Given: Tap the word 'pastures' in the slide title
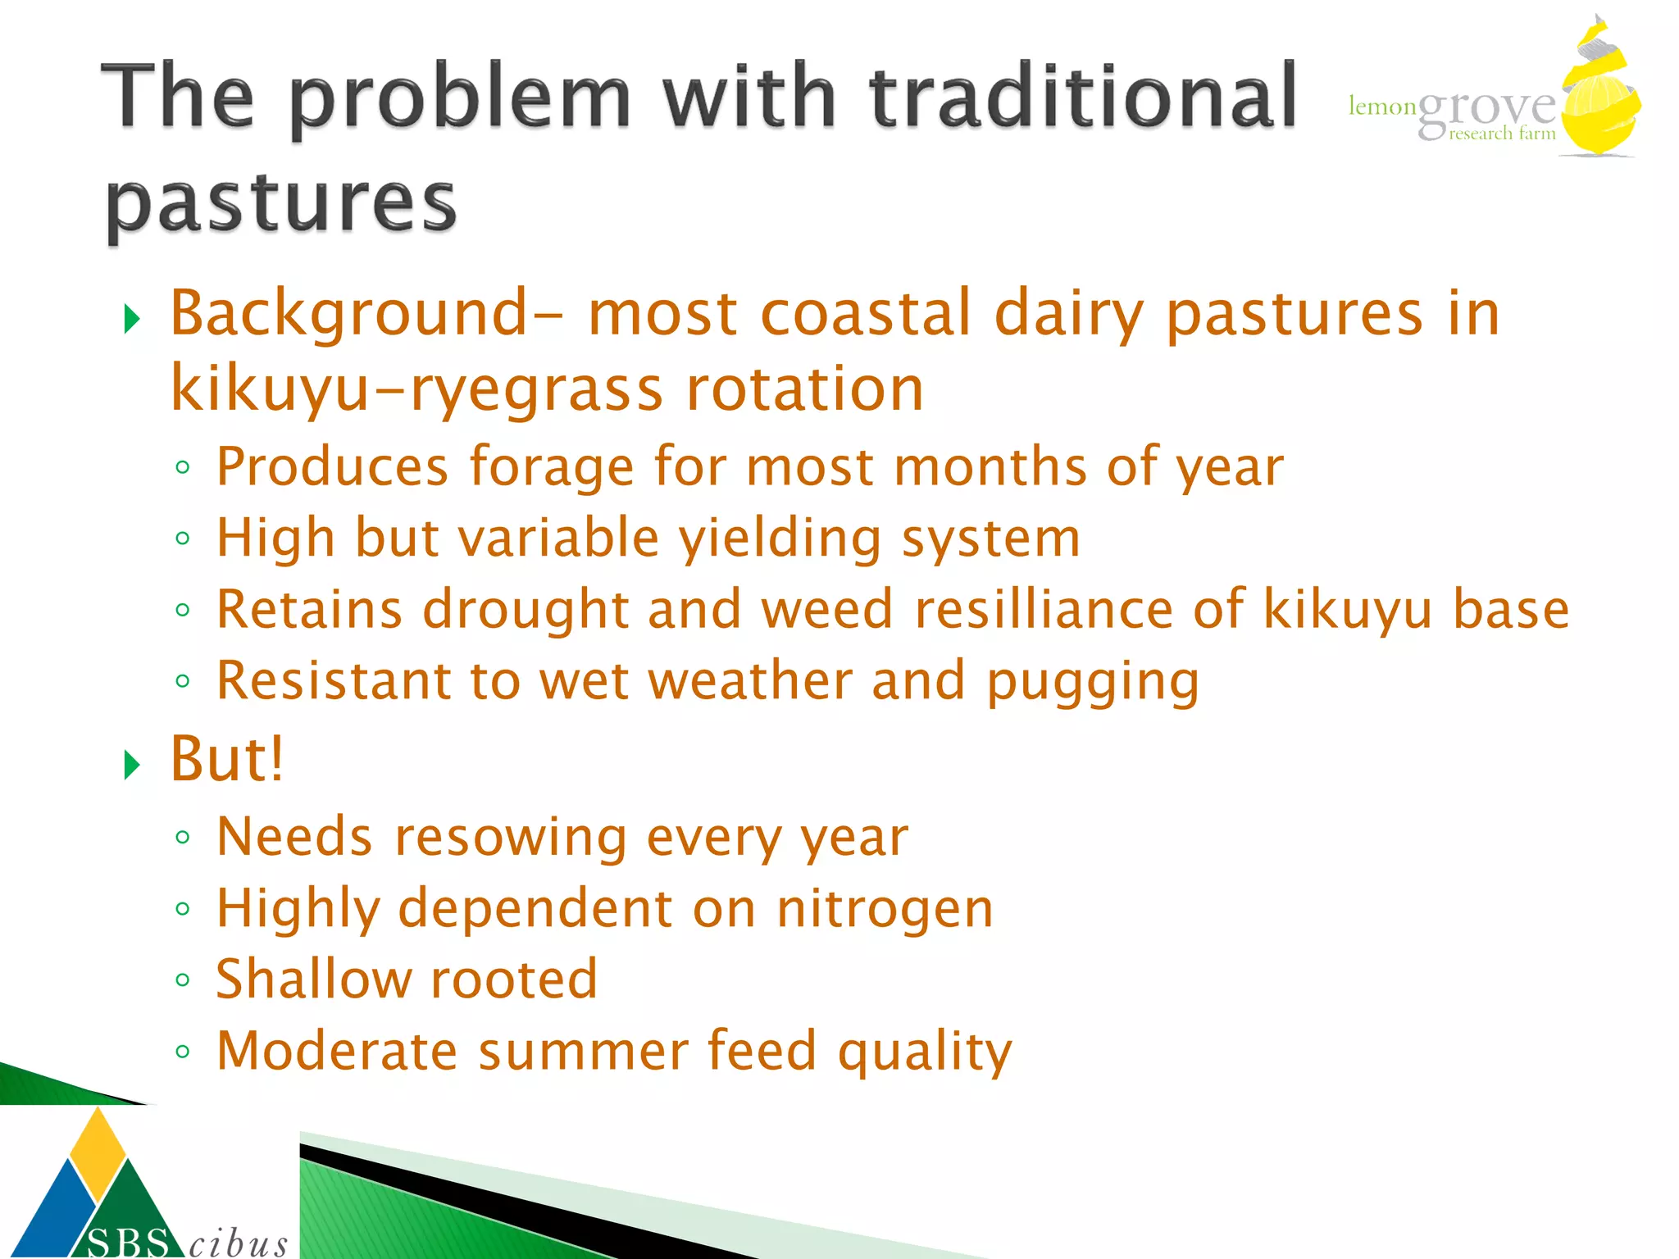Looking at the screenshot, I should [x=280, y=202].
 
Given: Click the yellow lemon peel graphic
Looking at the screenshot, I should [x=1599, y=98].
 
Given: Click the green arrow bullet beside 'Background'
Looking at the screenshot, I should [x=132, y=318].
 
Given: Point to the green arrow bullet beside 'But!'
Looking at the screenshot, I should [x=132, y=764].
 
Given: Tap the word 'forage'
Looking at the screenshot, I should [x=551, y=467].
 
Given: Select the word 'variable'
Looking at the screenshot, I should [x=557, y=539].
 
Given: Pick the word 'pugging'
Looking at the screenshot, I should [x=1093, y=682].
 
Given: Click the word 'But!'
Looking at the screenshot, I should [x=227, y=759].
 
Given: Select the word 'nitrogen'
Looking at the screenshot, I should [x=885, y=909].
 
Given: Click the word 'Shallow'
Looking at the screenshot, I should [x=313, y=979].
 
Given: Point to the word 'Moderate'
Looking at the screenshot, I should [x=336, y=1051].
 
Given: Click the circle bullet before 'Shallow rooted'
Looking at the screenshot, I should [x=183, y=980].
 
